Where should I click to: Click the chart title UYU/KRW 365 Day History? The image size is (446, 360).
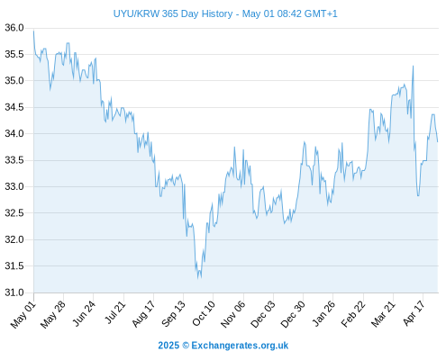173,13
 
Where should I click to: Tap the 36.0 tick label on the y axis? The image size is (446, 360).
14,28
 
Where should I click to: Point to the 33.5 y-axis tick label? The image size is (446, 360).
14,160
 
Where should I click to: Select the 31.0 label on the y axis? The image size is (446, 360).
14,292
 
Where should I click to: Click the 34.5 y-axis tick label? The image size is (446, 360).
14,107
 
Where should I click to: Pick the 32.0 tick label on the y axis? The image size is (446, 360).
14,239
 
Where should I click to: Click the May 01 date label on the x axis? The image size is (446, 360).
23,315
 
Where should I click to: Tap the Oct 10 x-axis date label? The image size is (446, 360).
204,313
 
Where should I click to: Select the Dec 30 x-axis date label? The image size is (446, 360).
293,314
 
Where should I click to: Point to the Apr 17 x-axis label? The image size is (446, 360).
414,313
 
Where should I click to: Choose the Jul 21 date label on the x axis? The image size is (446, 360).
114,312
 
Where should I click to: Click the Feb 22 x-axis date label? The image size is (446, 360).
353,314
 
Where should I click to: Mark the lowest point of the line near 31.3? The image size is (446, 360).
198,278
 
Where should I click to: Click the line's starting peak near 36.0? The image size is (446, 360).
33,31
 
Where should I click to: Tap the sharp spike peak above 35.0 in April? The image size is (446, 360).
414,66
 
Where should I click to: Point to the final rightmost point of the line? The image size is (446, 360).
438,141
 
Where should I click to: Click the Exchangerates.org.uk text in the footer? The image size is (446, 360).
240,346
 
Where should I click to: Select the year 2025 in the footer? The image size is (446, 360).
168,346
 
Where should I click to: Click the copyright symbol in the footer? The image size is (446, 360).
186,346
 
